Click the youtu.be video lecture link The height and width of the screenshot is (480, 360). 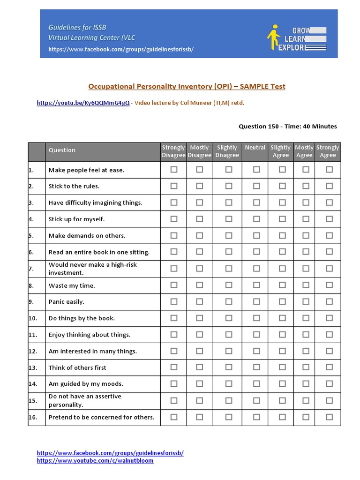coord(83,103)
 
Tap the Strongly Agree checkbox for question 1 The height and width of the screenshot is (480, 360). coord(329,170)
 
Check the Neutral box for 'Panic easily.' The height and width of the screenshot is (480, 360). coord(256,301)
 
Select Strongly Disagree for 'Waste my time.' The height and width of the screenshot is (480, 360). coord(174,285)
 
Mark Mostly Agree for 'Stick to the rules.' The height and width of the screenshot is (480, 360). coord(306,186)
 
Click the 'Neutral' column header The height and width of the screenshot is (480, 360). coord(255,148)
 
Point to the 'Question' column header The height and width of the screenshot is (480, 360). coord(62,150)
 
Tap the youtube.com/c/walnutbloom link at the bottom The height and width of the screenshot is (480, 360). coord(95,461)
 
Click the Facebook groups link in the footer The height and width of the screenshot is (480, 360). coord(110,453)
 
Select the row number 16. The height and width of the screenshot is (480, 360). coord(33,417)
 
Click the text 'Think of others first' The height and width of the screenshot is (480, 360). coord(77,367)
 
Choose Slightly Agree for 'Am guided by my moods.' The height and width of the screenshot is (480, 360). coord(282,383)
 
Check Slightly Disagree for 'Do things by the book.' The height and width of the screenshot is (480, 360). coord(228,318)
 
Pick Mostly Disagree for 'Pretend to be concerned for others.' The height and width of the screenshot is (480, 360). coord(200,417)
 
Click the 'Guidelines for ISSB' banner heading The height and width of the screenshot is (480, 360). coord(77,28)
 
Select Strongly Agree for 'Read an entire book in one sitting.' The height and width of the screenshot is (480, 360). coord(329,252)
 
